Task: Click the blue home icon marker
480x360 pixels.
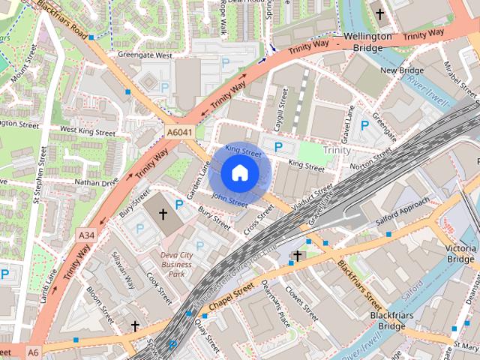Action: click(x=239, y=173)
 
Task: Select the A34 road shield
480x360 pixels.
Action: click(x=86, y=235)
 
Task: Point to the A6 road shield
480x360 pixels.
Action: click(x=33, y=351)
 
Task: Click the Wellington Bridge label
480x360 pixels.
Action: click(x=367, y=42)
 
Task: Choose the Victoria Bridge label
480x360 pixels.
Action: click(x=460, y=253)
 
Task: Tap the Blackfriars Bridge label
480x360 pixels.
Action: click(x=388, y=321)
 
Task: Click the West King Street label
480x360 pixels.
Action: click(x=88, y=131)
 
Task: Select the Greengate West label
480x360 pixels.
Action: click(x=145, y=55)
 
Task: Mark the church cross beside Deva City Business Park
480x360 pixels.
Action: click(x=163, y=214)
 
